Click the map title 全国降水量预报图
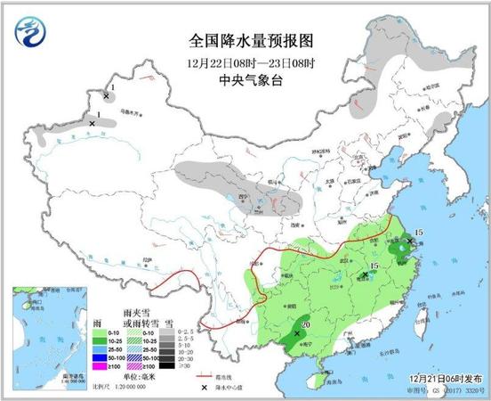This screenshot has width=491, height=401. (245, 41)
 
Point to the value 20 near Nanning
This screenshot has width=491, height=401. (305, 325)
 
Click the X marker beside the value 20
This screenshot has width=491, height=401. (296, 333)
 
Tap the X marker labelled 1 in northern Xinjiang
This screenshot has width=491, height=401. (107, 95)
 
